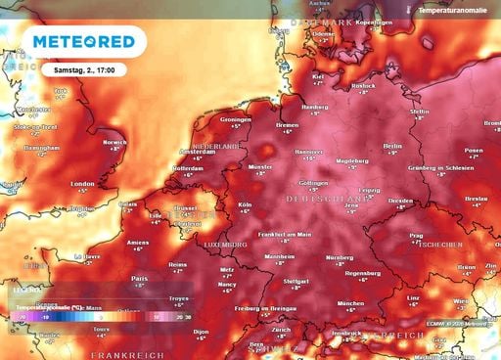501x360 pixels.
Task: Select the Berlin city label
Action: point(393,144)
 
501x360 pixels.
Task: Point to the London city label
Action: point(82,183)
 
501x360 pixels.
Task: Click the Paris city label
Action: point(139,278)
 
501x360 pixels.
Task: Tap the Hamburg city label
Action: point(314,107)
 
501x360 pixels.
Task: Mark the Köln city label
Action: point(245,204)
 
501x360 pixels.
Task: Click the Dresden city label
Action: point(399,201)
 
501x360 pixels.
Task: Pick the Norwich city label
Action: point(115,142)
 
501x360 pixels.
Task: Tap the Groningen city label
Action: point(236,119)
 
